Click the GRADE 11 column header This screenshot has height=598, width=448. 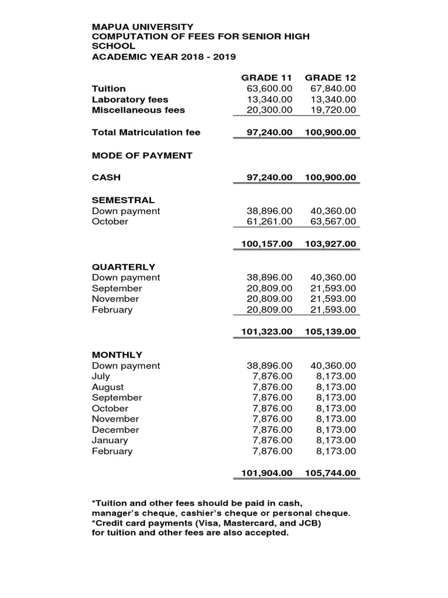coord(267,78)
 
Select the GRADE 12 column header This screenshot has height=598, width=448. coord(330,78)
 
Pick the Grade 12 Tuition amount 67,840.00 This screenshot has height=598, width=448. coord(333,89)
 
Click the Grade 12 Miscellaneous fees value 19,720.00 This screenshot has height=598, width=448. coord(333,110)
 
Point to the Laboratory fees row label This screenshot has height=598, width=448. coord(130,99)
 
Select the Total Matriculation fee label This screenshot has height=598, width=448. coord(146,133)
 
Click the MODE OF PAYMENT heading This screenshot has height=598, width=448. coord(142,155)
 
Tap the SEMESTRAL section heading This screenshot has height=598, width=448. coord(123,200)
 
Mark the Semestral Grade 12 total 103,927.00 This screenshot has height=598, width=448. coord(330,244)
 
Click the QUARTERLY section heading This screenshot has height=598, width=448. coord(124,267)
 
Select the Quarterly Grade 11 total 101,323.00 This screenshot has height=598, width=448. coord(267,332)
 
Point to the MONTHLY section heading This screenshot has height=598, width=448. coord(117,354)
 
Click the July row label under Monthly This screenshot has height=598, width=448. coord(101,377)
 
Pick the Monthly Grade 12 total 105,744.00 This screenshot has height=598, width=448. coord(330,473)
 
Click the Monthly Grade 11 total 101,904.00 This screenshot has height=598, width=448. coord(267,473)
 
